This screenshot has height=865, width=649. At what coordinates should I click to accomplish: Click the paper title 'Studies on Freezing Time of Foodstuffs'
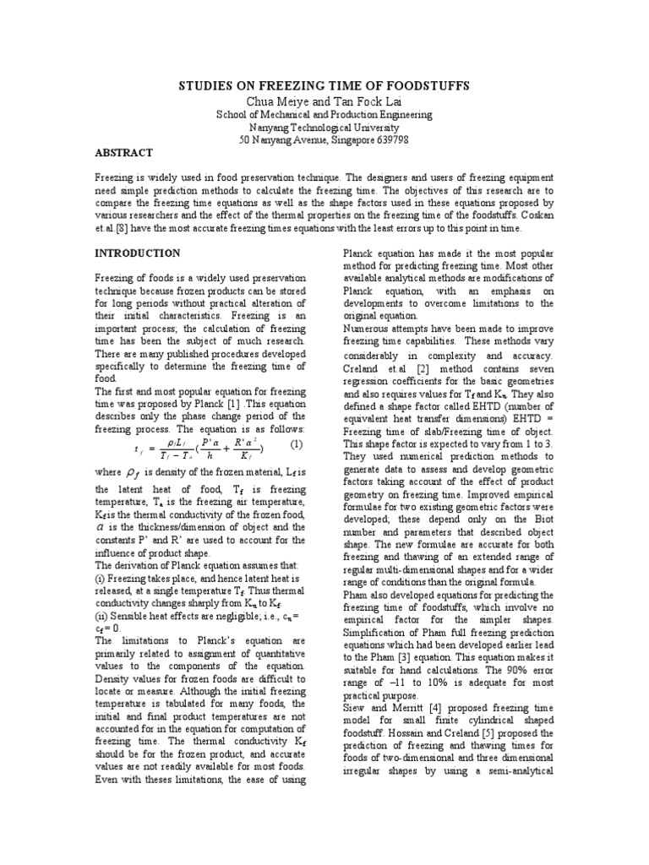coord(324,87)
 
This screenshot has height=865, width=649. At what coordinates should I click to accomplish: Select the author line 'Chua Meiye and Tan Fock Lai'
coord(324,101)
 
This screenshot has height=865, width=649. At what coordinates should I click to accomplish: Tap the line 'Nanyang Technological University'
coord(324,127)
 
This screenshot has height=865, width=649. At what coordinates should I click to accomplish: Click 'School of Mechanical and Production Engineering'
coord(324,114)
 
